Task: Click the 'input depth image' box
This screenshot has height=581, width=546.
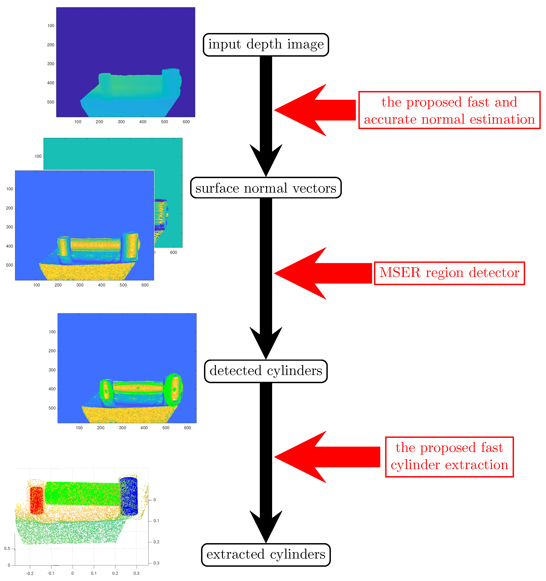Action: click(x=266, y=45)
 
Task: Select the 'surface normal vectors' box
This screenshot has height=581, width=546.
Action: click(x=266, y=188)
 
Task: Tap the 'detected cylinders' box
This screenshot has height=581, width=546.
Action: click(x=266, y=371)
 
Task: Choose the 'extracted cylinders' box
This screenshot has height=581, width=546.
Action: click(x=266, y=554)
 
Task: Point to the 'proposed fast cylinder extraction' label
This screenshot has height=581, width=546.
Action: click(x=449, y=457)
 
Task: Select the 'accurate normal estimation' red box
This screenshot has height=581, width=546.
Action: click(x=449, y=110)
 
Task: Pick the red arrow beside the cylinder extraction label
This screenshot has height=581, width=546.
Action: click(x=321, y=457)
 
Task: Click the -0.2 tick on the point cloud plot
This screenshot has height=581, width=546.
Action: click(x=30, y=573)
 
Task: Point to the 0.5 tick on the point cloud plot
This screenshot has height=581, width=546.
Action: click(x=7, y=549)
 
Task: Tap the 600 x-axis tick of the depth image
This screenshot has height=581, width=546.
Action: click(x=186, y=122)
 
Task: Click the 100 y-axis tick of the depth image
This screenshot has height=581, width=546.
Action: click(x=51, y=26)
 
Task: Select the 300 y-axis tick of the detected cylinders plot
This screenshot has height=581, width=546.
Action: click(x=52, y=370)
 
